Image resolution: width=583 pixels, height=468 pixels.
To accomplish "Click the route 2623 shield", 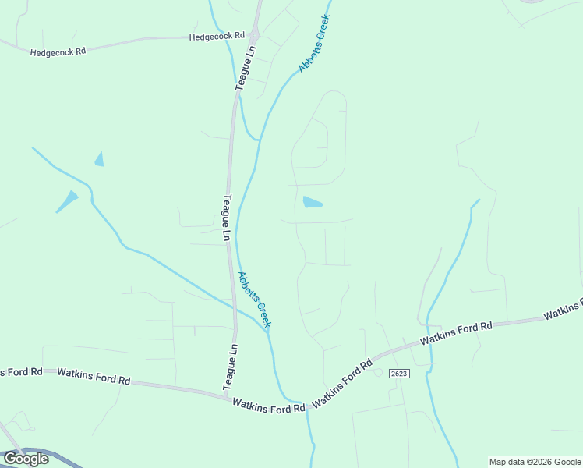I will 398,374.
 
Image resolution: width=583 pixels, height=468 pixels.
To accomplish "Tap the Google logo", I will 26,459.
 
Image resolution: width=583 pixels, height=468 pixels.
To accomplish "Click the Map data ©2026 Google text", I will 535,462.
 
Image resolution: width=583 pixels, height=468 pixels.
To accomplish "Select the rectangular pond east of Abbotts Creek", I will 312,203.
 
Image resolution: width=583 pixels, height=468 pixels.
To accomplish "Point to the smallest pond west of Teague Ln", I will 99,159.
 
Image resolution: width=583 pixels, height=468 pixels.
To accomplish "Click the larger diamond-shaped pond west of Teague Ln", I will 68,201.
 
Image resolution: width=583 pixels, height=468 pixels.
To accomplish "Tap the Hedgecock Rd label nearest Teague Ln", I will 217,37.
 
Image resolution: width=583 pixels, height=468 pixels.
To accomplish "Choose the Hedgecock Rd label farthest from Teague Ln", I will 58,52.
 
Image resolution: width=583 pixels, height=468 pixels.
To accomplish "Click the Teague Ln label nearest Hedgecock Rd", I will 247,69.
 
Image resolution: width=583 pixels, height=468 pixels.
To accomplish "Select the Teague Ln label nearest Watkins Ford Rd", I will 231,367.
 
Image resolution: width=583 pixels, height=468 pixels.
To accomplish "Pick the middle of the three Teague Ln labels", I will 226,217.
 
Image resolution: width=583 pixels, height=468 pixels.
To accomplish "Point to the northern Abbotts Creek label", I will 315,44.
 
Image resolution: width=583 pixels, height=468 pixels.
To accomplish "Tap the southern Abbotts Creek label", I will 255,299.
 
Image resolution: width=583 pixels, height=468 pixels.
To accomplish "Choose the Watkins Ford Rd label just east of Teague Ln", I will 267,406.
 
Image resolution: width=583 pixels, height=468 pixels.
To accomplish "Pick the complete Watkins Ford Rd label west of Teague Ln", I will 94,378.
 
